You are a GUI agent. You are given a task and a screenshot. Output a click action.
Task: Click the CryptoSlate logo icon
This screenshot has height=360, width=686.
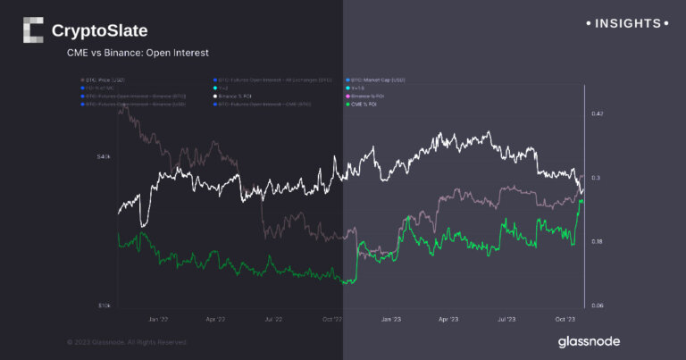(33, 30)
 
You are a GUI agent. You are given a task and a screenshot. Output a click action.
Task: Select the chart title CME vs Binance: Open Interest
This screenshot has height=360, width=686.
(138, 54)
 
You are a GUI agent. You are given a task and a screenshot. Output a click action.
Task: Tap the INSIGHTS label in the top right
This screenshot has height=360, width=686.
(624, 23)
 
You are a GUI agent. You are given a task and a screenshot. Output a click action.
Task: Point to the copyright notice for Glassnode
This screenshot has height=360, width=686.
(128, 341)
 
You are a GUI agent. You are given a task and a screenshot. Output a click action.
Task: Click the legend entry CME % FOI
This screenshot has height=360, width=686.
(371, 105)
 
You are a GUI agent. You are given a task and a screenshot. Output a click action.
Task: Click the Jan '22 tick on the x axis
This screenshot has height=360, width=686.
(158, 317)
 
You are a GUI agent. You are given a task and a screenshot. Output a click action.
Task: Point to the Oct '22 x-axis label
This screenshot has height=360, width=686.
(332, 317)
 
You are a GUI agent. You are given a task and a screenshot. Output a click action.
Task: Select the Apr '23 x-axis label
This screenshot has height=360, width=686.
(448, 317)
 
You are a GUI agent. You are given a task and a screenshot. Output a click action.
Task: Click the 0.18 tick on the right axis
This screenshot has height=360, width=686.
(597, 241)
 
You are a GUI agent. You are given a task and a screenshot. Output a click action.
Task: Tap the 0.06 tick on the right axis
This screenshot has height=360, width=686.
(597, 306)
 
